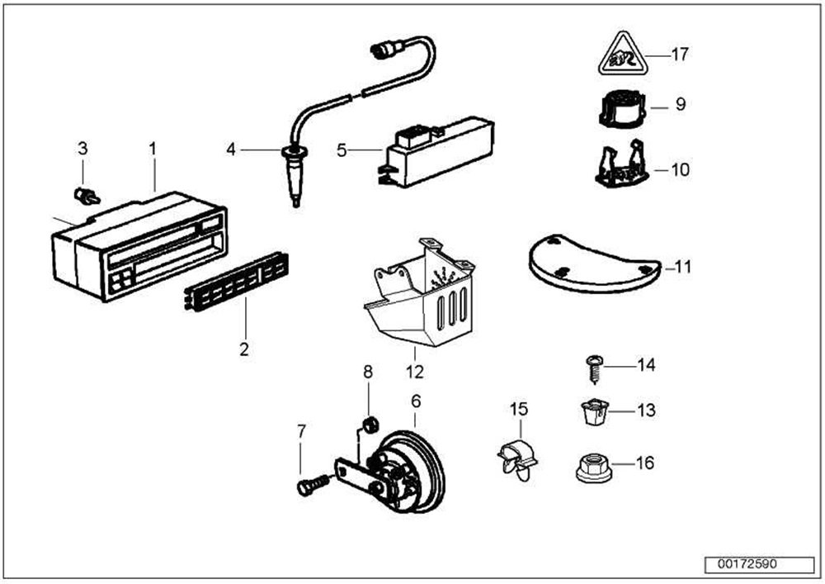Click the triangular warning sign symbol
click(x=622, y=55)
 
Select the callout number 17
click(x=680, y=55)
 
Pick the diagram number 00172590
click(x=747, y=564)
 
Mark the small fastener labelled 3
click(x=87, y=197)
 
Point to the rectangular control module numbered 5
click(x=436, y=151)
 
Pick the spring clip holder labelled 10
click(x=621, y=164)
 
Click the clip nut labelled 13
click(x=594, y=412)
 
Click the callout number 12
click(x=415, y=372)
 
